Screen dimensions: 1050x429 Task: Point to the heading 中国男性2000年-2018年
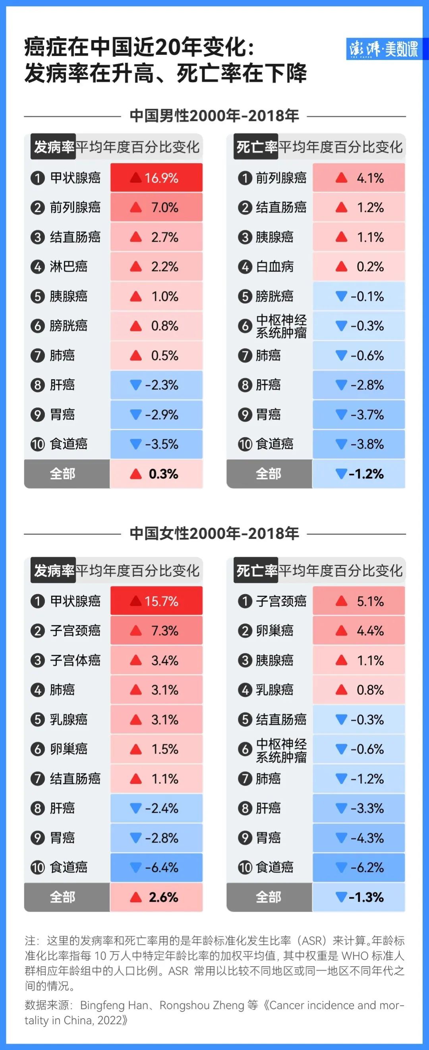point(214,116)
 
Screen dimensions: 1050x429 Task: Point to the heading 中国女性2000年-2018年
point(214,534)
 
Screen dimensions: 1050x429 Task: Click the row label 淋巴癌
point(68,267)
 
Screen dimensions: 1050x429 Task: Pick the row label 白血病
point(274,267)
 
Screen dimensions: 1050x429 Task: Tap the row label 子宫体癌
point(75,661)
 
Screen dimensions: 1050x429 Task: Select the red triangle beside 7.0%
point(136,208)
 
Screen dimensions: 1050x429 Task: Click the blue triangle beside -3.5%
point(136,444)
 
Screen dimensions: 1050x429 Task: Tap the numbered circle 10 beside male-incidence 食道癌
point(37,444)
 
